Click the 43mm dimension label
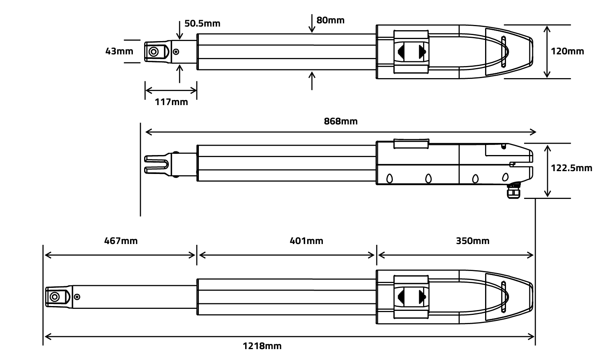click(x=119, y=51)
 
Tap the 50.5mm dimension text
click(x=202, y=23)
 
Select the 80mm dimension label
click(x=330, y=20)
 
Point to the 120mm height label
click(x=567, y=51)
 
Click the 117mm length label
click(x=171, y=102)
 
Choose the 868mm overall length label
click(x=341, y=121)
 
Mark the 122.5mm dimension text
click(x=571, y=168)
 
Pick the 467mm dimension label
click(x=121, y=241)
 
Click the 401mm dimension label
click(x=306, y=241)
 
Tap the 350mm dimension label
click(x=473, y=241)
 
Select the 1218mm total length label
click(x=262, y=346)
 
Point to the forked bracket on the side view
click(x=156, y=164)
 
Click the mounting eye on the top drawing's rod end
click(x=153, y=52)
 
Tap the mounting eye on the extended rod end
click(x=54, y=297)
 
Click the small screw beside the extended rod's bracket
click(x=77, y=297)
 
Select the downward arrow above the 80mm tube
click(x=312, y=23)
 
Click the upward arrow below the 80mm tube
click(x=312, y=80)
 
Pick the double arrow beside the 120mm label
click(x=547, y=51)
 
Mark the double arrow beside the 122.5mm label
click(x=547, y=171)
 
